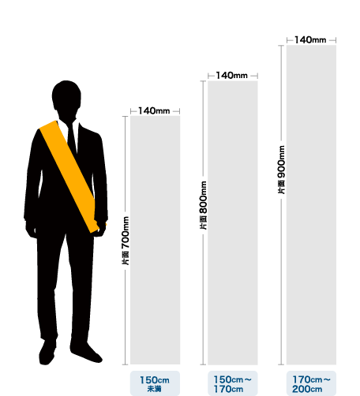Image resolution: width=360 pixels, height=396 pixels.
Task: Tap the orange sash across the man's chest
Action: [x=69, y=175]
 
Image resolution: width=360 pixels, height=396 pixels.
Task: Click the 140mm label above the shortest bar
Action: [x=154, y=111]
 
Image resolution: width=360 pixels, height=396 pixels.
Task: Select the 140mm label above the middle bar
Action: [x=231, y=76]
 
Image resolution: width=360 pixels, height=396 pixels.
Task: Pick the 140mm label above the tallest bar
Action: [x=310, y=40]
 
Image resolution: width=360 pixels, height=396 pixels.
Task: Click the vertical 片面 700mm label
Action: [x=126, y=241]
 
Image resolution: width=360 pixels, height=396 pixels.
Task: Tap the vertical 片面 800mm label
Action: [x=203, y=205]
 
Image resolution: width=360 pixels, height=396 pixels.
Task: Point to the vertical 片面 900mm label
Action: [x=282, y=170]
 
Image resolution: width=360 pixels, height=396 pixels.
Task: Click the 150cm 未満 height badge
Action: [x=155, y=383]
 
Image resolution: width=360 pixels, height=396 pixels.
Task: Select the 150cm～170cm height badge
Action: [x=233, y=383]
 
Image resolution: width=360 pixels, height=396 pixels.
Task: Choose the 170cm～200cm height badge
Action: [x=311, y=383]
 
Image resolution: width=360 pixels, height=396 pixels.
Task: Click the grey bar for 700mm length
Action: [x=156, y=240]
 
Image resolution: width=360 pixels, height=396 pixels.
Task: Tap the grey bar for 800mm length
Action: [x=233, y=222]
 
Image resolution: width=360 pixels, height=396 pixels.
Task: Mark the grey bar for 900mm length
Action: [x=311, y=205]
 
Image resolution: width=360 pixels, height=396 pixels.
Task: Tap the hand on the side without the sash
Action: [x=31, y=230]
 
